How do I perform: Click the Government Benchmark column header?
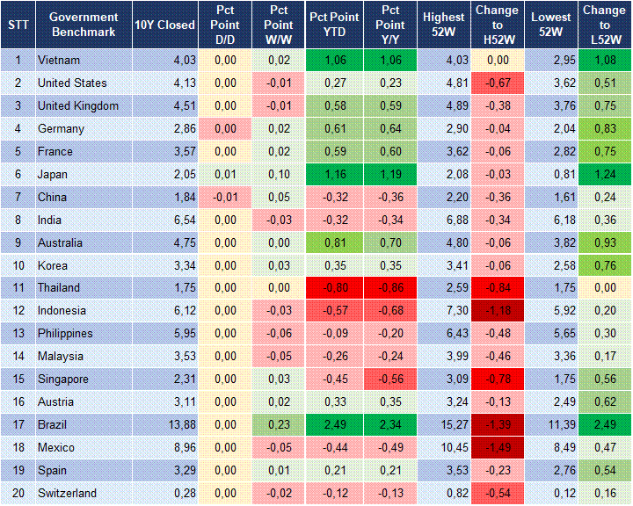pyautogui.click(x=84, y=25)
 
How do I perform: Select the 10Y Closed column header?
pyautogui.click(x=165, y=25)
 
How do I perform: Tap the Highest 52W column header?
pyautogui.click(x=443, y=25)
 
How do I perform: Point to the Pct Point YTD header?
pyautogui.click(x=334, y=25)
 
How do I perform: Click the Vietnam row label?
pyautogui.click(x=59, y=61)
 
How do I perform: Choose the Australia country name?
pyautogui.click(x=61, y=242)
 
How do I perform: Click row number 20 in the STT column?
pyautogui.click(x=18, y=493)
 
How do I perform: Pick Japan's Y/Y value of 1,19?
pyautogui.click(x=390, y=174)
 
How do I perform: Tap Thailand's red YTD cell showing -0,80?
pyautogui.click(x=334, y=288)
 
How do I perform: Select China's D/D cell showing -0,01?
pyautogui.click(x=224, y=197)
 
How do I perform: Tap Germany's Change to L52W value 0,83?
pyautogui.click(x=605, y=128)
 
